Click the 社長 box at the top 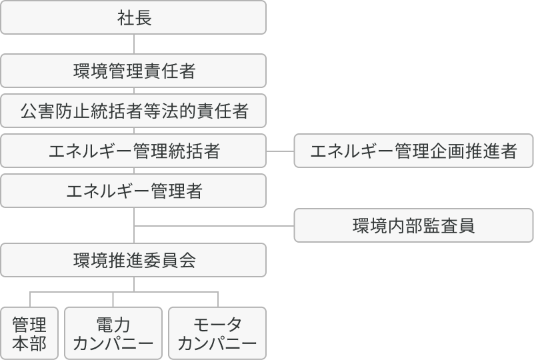133,17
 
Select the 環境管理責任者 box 133,71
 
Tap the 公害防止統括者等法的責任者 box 133,111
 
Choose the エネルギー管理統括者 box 133,151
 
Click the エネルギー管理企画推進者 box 413,151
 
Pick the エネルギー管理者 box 133,191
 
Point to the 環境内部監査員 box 413,226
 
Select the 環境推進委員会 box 133,260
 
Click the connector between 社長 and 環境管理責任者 133,44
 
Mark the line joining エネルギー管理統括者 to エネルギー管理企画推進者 280,151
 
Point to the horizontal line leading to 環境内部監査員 213,226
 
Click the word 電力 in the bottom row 113,325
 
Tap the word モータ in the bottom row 217,325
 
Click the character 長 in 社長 143,17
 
